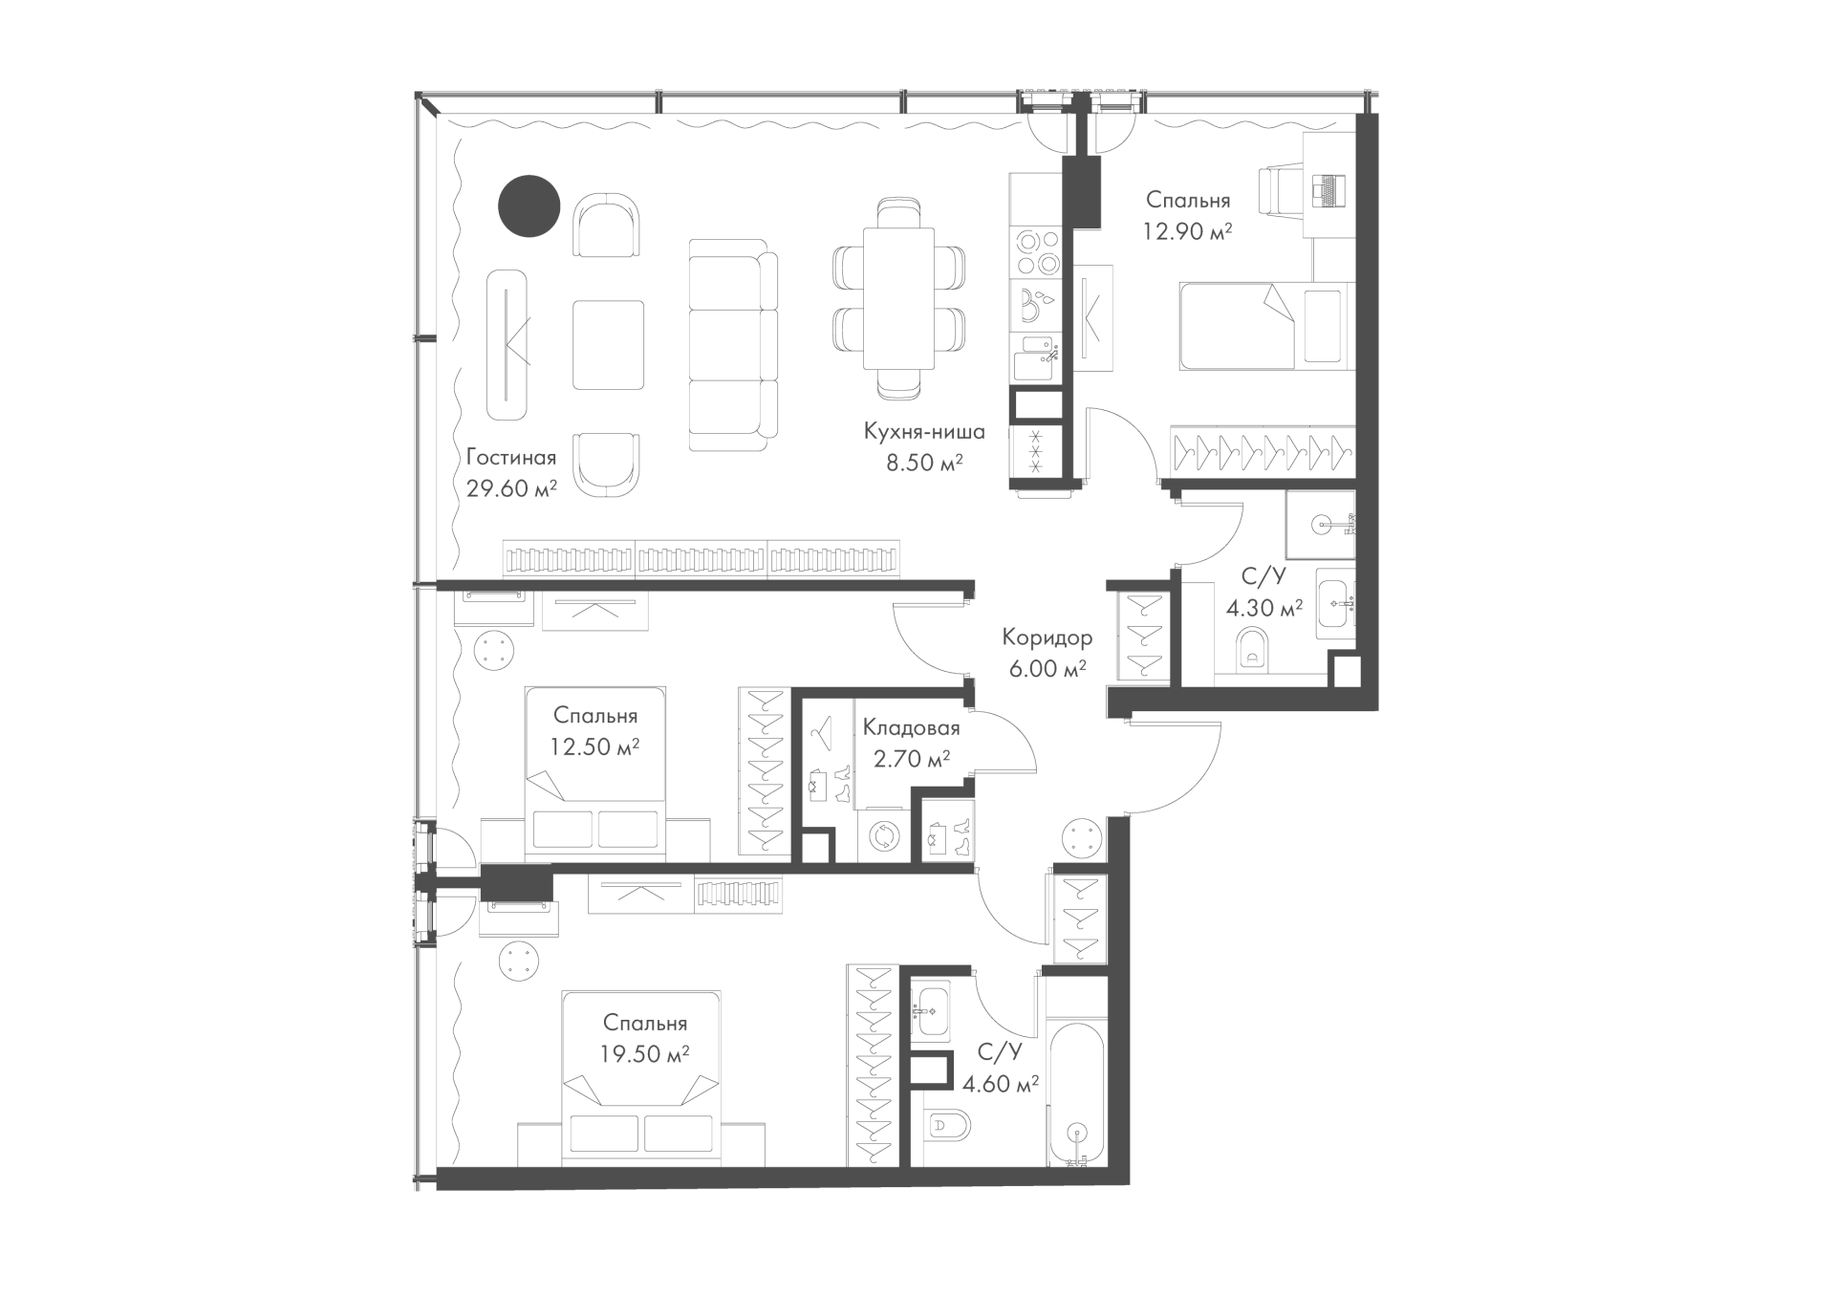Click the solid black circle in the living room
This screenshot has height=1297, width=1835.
pos(529,206)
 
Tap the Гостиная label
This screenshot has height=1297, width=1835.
pos(511,457)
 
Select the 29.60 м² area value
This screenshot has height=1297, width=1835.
pos(512,489)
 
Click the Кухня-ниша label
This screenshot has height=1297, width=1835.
pos(924,432)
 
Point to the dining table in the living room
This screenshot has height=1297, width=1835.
pos(898,298)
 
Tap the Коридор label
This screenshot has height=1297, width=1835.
pos(1047,637)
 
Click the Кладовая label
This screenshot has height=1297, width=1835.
pos(911,728)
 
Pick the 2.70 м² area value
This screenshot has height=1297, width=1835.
pos(912,759)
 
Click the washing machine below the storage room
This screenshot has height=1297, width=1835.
pos(884,837)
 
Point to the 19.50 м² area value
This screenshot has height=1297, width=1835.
pos(645,1054)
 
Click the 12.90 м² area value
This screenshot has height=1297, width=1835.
pos(1187,231)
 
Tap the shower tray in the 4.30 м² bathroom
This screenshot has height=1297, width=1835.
pos(1320,525)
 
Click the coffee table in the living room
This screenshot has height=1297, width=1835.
pos(608,345)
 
